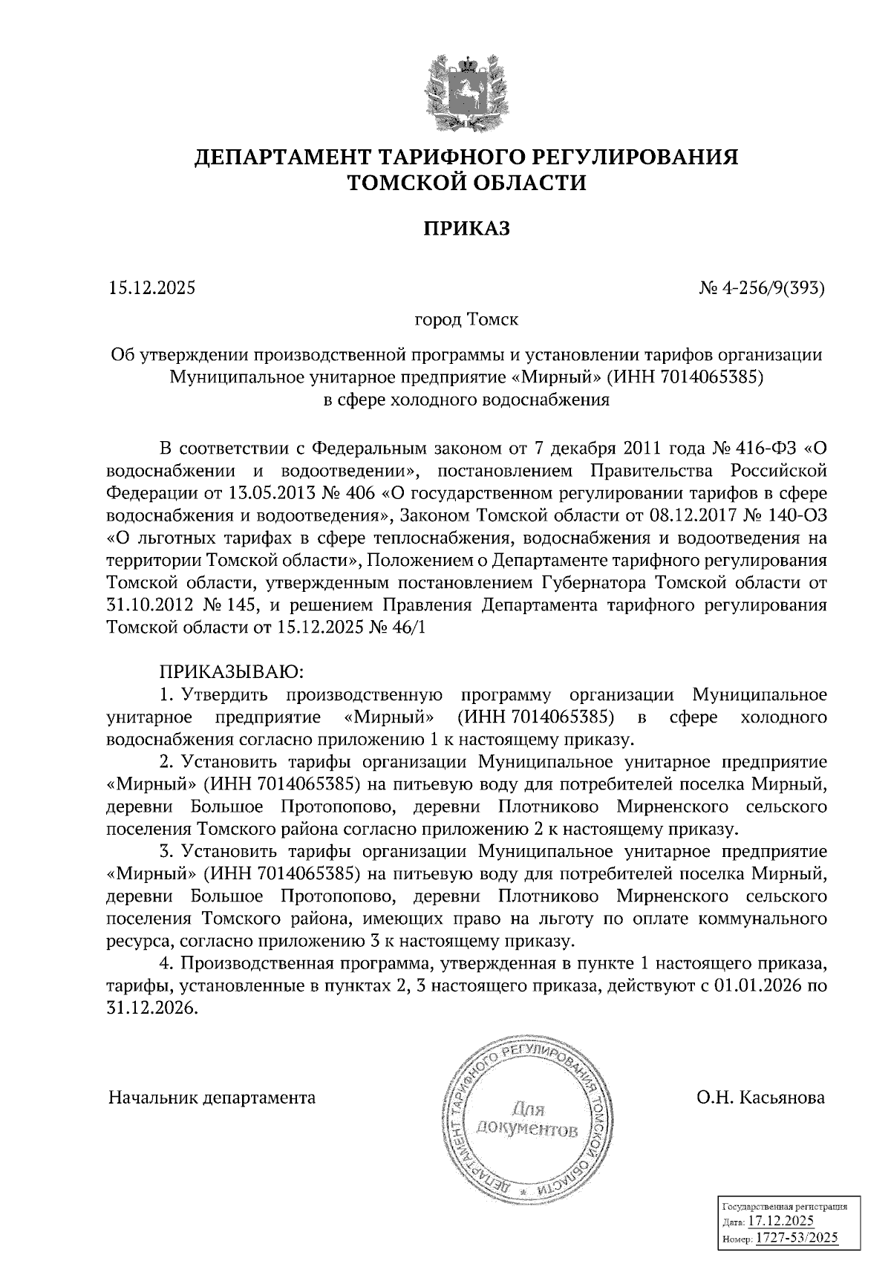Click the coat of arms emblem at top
point(467,93)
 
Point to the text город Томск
point(466,321)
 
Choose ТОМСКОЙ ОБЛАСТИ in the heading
point(467,183)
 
